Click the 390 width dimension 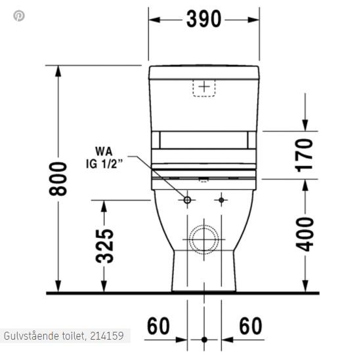tap(203, 20)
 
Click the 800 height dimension tap(59, 178)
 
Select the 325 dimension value tap(106, 245)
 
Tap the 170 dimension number tap(304, 154)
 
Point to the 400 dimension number tap(304, 234)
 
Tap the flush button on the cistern tap(205, 87)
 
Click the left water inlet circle tap(187, 199)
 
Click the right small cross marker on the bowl tap(221, 199)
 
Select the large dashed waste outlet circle tap(204, 239)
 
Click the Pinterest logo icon tap(18, 15)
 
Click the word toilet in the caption tap(71, 336)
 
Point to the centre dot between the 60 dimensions tap(204, 340)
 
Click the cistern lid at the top tap(204, 71)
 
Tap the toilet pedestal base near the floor tap(204, 275)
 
